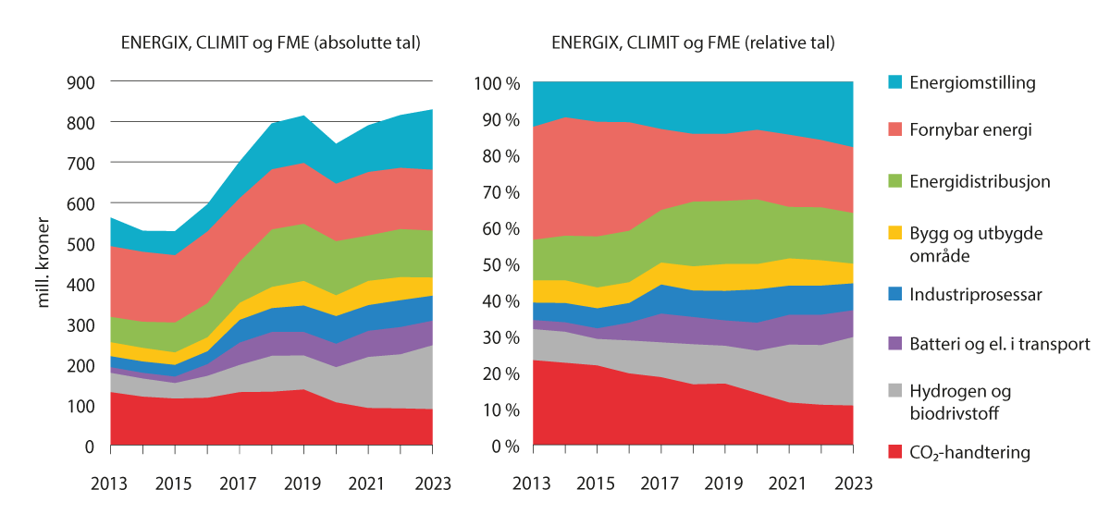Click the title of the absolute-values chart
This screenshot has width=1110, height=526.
[271, 43]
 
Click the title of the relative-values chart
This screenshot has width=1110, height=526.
[693, 43]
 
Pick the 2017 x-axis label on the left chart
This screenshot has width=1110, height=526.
[239, 482]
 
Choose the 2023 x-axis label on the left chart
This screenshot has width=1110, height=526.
[431, 482]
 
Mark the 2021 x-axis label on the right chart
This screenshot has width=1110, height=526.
[788, 482]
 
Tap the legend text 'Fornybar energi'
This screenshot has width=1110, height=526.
[970, 130]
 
